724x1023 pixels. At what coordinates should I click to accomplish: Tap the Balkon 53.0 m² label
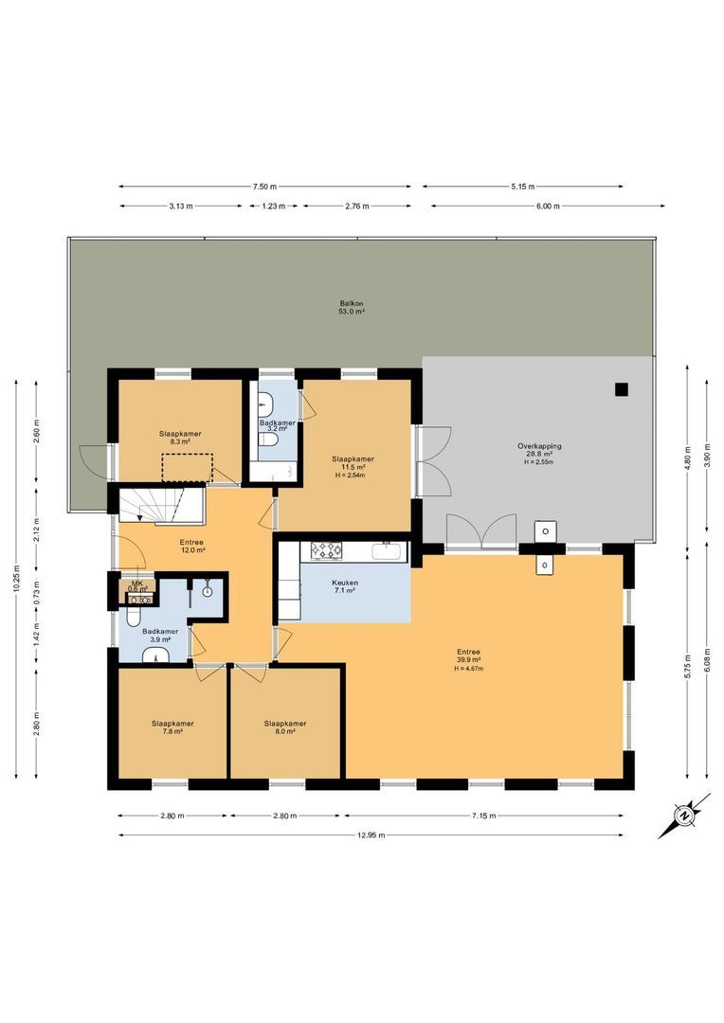click(x=353, y=306)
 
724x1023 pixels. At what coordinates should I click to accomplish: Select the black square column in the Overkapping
click(x=621, y=388)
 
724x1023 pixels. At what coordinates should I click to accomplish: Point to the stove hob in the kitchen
click(x=327, y=548)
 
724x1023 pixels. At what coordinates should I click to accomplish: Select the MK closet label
click(x=137, y=584)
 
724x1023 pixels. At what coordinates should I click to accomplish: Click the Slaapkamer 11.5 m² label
click(x=353, y=463)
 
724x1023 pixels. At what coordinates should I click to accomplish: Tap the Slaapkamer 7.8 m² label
click(x=172, y=727)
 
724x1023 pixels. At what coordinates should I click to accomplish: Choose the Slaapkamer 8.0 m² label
click(x=285, y=727)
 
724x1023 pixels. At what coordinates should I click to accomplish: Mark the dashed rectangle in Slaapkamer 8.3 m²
click(x=186, y=468)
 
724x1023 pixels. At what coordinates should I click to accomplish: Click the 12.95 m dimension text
click(x=371, y=835)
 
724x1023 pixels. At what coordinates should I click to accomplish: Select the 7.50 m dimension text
click(x=265, y=187)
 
